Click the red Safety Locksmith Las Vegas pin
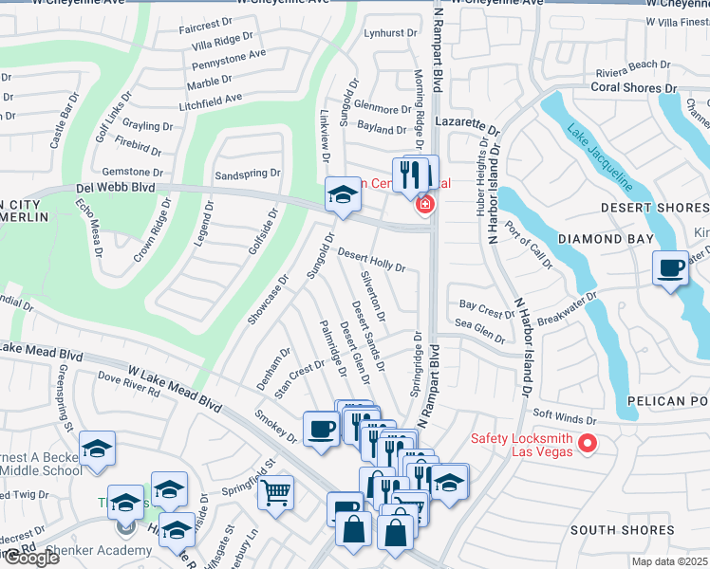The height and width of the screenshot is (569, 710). (588, 443)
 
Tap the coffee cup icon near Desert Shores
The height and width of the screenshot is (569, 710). (671, 268)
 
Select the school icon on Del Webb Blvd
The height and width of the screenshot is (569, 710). (343, 195)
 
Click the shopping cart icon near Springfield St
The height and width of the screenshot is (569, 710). (275, 492)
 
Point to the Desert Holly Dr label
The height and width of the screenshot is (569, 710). (372, 261)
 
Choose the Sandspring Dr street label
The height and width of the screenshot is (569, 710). (248, 174)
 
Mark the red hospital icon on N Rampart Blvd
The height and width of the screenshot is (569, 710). (424, 204)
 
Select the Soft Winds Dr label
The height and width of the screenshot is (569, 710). (564, 414)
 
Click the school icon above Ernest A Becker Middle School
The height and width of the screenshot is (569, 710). (97, 448)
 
